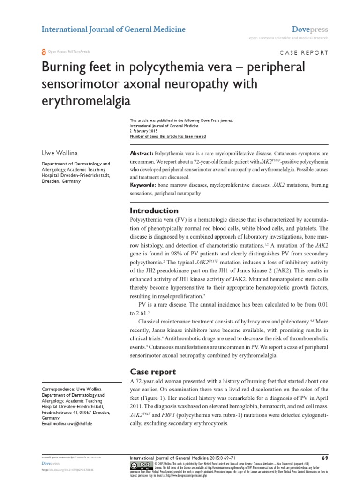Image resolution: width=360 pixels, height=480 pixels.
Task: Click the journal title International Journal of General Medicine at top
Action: point(113,30)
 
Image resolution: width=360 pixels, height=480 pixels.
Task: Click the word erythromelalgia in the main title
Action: point(85,100)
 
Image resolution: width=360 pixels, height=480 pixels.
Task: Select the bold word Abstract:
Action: point(141,154)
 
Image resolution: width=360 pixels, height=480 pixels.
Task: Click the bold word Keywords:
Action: point(143,186)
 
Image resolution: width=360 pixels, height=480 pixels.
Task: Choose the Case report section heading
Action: point(152,372)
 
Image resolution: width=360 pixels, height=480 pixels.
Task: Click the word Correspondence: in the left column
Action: point(58,390)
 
